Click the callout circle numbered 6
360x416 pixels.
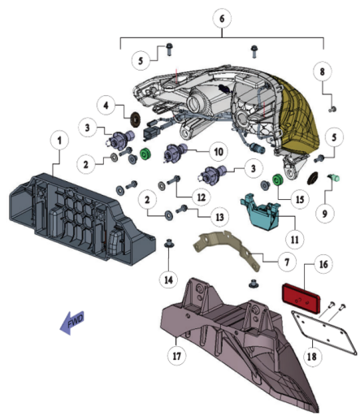pos(222,19)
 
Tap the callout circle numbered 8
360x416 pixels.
pos(322,71)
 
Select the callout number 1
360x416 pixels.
pos(59,141)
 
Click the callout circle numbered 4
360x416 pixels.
pos(106,105)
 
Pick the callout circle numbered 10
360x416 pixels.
pos(219,151)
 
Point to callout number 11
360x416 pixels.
pos(295,239)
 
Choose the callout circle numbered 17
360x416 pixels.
pos(176,356)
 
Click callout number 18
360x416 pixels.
pos(312,357)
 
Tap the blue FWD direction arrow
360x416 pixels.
pos(72,323)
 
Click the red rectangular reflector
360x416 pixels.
pos(301,298)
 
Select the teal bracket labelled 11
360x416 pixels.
pos(260,213)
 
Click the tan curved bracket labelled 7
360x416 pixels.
pos(228,249)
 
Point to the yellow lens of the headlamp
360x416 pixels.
pos(299,114)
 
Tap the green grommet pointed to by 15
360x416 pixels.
pos(278,180)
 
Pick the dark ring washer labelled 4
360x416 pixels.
pos(136,119)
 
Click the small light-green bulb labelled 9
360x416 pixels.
pos(334,178)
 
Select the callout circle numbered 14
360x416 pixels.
pos(168,279)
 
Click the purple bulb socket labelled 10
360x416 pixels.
pos(176,154)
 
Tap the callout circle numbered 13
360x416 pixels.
pos(219,217)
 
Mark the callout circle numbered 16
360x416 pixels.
pos(323,264)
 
